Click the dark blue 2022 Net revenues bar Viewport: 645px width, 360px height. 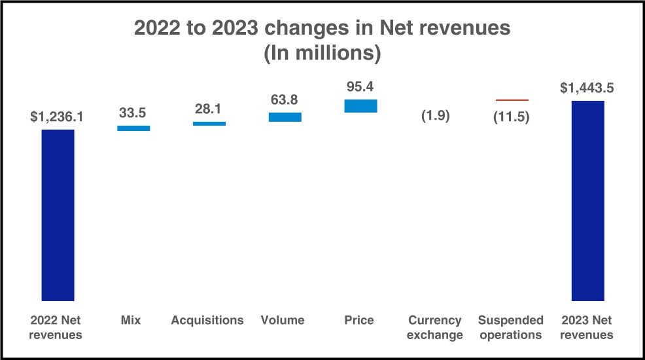(x=58, y=215)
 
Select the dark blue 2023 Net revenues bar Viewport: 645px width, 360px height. (x=588, y=201)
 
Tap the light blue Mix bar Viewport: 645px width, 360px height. (x=133, y=128)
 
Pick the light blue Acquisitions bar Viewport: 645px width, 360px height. (x=209, y=124)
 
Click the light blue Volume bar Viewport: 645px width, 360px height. (x=285, y=117)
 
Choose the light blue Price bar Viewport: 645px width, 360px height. (x=360, y=106)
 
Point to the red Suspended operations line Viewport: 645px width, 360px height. (x=512, y=100)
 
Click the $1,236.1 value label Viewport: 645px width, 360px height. (x=57, y=117)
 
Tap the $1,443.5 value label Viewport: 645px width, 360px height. (x=587, y=88)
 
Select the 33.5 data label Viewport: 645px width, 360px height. (x=132, y=113)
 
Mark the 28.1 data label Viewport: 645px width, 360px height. (x=208, y=109)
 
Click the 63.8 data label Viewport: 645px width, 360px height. (x=285, y=99)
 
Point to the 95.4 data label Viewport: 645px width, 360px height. (x=360, y=87)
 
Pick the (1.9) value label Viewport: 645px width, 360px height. (x=436, y=116)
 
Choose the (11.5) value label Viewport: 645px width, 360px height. (x=512, y=117)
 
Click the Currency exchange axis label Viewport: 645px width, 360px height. (x=435, y=327)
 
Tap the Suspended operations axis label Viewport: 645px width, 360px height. (x=510, y=327)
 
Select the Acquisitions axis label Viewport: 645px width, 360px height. (x=207, y=320)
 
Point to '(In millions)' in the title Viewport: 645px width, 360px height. (x=322, y=53)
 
